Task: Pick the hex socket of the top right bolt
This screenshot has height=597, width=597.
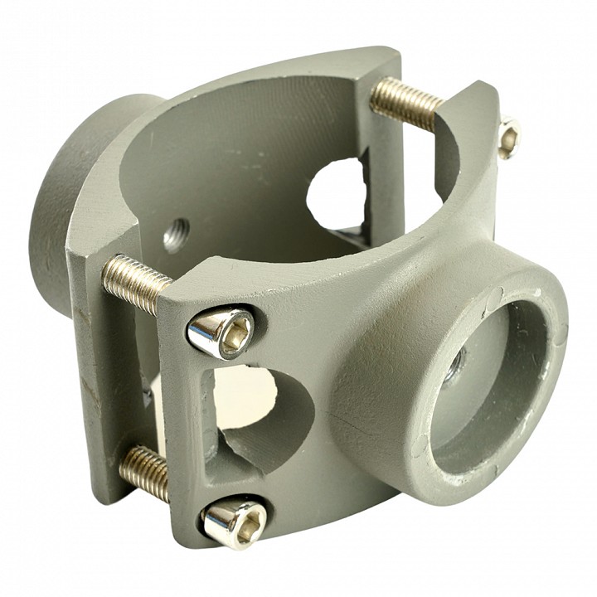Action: (x=509, y=138)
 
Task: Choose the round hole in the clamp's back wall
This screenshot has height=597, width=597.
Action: (x=336, y=194)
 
